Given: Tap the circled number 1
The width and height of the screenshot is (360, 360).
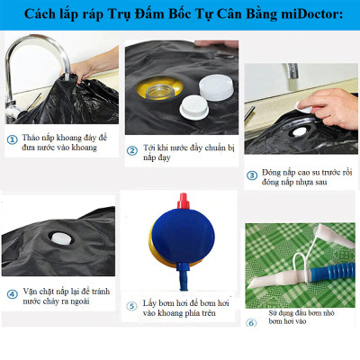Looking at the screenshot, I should point(12,139).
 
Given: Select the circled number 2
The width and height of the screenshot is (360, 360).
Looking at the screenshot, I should point(132,148).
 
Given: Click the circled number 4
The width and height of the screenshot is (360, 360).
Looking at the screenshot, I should point(13,293).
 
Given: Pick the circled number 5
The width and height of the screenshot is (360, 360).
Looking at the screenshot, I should point(131,305).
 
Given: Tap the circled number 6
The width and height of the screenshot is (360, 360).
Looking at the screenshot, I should point(251,322).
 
